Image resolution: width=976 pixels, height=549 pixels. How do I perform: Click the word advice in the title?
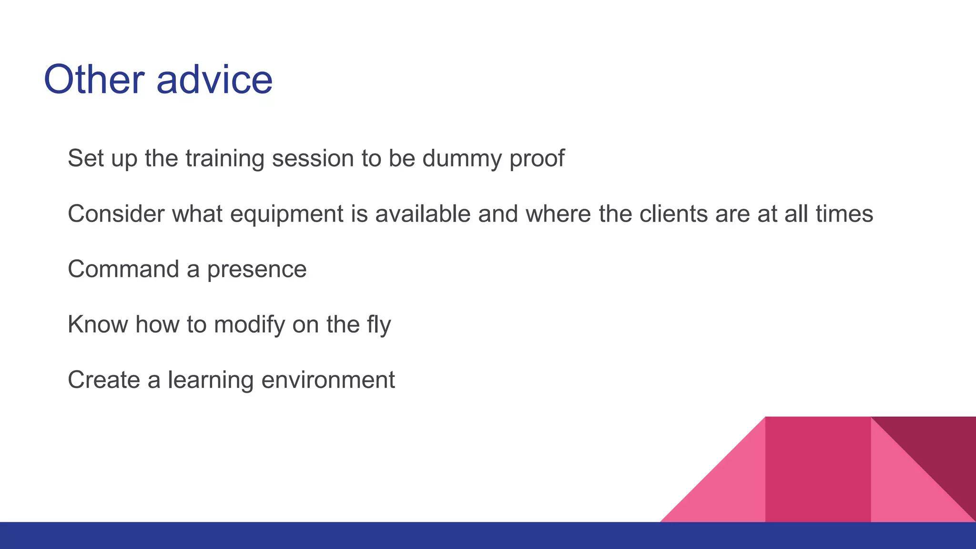click(x=214, y=80)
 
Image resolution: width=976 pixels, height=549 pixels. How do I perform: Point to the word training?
click(x=224, y=159)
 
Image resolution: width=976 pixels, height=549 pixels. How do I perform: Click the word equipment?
click(x=286, y=214)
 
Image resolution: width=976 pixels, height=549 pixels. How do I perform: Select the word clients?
click(x=673, y=213)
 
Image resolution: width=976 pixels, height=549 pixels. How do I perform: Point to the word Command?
click(x=123, y=269)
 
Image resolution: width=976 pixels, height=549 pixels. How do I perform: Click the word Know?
click(x=98, y=325)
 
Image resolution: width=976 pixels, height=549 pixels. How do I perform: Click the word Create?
click(x=103, y=380)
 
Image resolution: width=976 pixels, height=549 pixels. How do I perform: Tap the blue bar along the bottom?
click(x=334, y=536)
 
